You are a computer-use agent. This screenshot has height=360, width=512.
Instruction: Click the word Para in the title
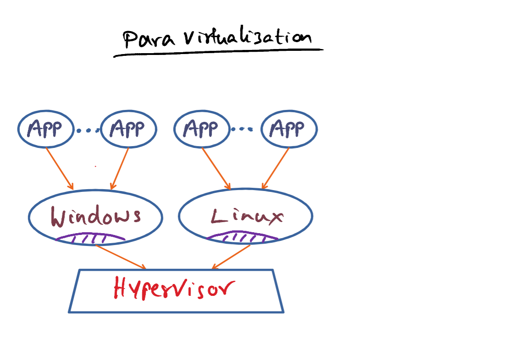point(149,39)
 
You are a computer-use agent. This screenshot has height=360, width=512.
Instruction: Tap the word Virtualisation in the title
point(247,35)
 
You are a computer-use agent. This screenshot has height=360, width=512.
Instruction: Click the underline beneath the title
point(218,53)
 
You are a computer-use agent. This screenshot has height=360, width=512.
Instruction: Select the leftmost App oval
point(46,129)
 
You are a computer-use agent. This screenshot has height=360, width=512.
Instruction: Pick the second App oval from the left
point(129,129)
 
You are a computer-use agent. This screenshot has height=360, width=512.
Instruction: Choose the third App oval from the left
point(202,129)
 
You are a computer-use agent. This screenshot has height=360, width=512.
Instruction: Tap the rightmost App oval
point(289,129)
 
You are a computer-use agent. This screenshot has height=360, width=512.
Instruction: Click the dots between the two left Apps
point(88,131)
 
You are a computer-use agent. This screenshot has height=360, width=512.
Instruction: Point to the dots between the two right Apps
point(242,129)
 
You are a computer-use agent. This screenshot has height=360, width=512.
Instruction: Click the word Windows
point(96,216)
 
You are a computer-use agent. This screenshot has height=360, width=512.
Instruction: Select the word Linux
point(247,216)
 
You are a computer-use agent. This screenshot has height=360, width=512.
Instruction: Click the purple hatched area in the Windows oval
point(91,238)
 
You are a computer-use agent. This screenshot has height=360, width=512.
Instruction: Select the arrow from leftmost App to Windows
point(60,169)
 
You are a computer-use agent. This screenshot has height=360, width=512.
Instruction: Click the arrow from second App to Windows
point(120,169)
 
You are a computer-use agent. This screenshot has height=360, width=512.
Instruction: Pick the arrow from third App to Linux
point(216,169)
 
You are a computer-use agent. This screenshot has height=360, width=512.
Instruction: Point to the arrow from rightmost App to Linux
point(275,169)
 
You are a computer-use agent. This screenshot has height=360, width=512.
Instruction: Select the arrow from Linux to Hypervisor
point(231,257)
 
